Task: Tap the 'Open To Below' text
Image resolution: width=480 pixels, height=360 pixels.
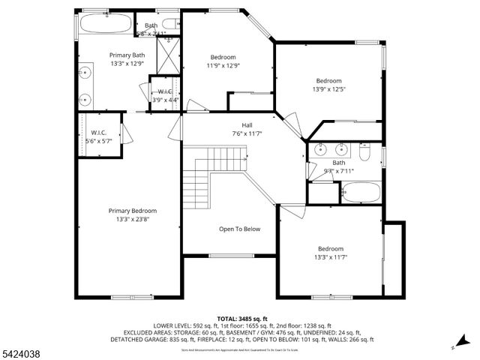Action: [239, 229]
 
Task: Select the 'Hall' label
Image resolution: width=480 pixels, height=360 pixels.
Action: [247, 125]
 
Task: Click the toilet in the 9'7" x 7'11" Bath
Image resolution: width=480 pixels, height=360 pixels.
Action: [365, 152]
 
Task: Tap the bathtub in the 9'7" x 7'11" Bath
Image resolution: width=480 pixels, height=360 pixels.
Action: [359, 193]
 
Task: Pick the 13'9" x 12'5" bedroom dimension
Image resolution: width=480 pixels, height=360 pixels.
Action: [328, 90]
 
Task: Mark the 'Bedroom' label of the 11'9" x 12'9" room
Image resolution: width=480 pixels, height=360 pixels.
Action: [223, 58]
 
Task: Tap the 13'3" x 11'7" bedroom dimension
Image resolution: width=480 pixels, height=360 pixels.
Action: [330, 258]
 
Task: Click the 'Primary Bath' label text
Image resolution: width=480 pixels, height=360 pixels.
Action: [127, 55]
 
